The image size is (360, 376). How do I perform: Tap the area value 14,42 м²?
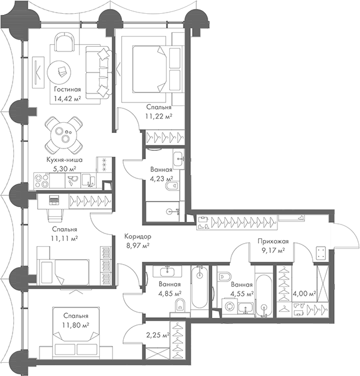pos(65,99)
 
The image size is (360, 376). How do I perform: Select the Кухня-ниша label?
pos(65,160)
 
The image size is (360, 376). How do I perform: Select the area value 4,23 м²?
pos(161,178)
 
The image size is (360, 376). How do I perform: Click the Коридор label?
pos(137,236)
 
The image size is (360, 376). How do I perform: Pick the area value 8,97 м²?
pos(137,245)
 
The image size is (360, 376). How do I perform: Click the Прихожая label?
pos(271,241)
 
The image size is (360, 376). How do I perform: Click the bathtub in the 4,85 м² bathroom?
pos(199,287)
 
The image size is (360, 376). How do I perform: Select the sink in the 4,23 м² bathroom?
pos(178,159)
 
